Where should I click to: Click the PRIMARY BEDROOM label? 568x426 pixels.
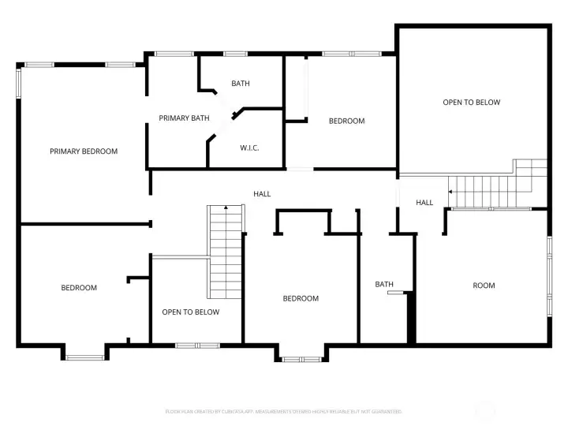84,151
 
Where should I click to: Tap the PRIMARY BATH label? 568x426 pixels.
184,118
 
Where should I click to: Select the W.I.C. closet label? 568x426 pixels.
249,148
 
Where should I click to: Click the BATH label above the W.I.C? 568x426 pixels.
241,84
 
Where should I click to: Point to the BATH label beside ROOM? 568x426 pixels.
384,284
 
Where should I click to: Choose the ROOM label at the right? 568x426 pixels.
484,285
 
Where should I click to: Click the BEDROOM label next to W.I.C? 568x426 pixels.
346,121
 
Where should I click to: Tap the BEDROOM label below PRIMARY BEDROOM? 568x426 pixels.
79,288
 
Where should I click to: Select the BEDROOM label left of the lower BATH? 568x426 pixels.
301,298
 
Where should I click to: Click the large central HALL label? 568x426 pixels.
262,193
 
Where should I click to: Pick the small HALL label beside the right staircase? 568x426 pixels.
424,203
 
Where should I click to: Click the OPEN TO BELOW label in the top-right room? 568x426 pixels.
471,103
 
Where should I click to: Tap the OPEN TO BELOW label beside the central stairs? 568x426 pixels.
190,312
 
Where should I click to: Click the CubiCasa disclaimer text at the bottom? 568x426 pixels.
283,412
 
